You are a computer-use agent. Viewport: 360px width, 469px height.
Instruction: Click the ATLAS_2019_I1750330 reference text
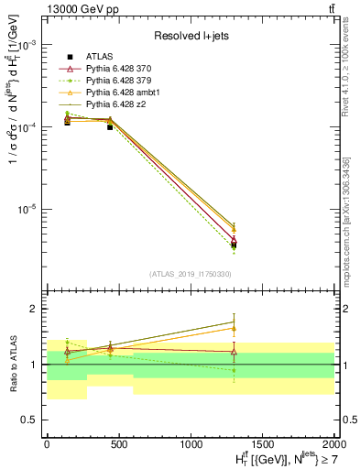(191, 274)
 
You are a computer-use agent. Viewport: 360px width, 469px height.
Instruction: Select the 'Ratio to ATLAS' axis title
(12, 364)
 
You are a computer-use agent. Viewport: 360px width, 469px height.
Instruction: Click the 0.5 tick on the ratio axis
(32, 420)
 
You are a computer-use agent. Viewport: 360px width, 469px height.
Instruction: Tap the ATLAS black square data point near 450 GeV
(111, 127)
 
